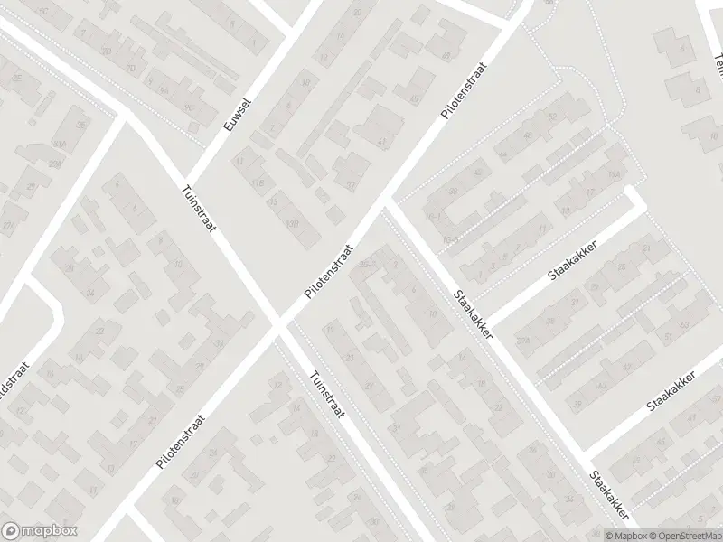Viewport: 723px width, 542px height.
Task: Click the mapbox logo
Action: pos(39,530)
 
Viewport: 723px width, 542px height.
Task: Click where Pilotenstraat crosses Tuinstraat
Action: pos(277,325)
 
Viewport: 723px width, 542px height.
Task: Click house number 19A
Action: pos(524,339)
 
